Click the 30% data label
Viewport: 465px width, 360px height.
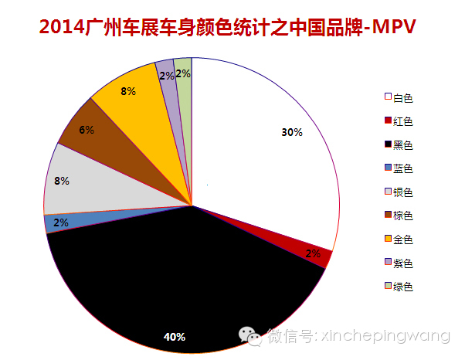coord(292,132)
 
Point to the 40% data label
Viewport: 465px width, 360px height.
coord(175,337)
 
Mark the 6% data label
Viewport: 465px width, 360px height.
coord(86,130)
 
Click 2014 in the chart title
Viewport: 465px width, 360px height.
coord(61,28)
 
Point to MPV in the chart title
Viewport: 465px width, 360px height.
coord(395,28)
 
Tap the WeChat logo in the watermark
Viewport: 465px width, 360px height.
coord(250,335)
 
